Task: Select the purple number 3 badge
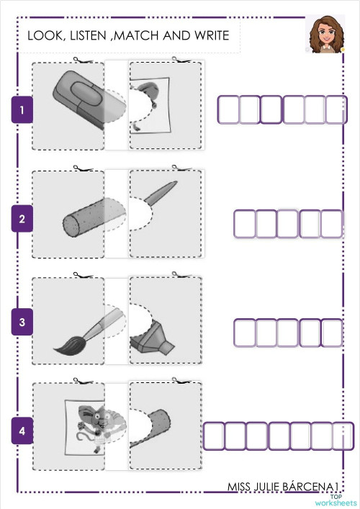(x=22, y=323)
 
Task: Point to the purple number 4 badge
(x=22, y=431)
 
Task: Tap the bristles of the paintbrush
(x=67, y=346)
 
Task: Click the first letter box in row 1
(x=228, y=110)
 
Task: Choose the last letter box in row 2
(x=332, y=223)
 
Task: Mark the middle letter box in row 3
(x=288, y=332)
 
